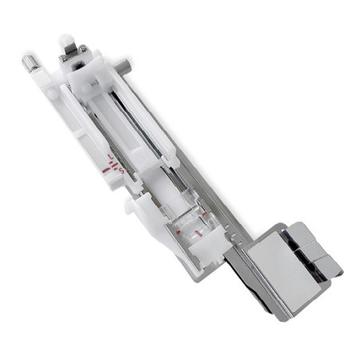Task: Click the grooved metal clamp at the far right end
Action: point(318,246)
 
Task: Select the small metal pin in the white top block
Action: point(94,80)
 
